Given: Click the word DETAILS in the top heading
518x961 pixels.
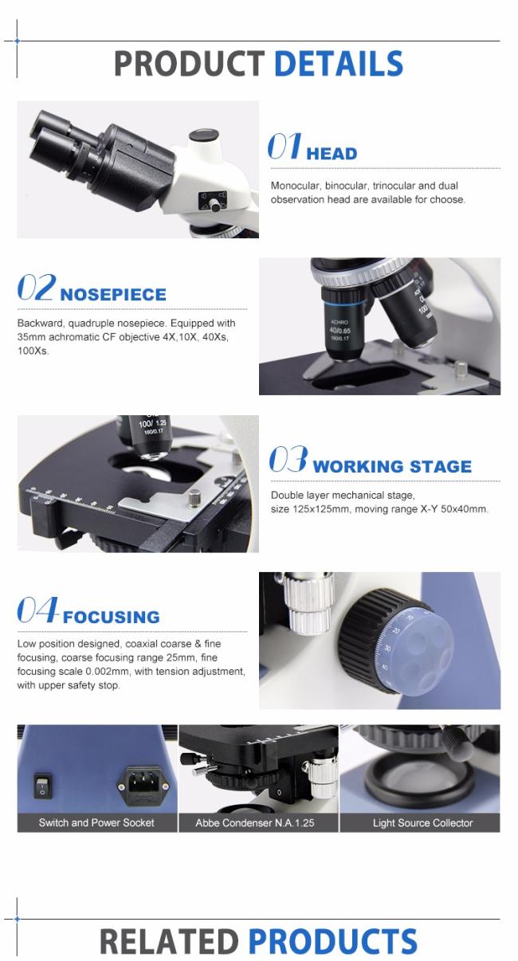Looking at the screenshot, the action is point(338,64).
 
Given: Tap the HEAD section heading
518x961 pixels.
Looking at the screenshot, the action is point(332,154).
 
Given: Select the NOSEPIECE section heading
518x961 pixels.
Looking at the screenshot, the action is point(113,294).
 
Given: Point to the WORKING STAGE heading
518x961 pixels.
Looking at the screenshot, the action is point(392,466).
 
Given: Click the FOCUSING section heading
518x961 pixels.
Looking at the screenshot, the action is point(111,617).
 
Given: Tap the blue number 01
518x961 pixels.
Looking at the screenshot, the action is point(285,146).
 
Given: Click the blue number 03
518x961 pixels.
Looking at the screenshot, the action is point(288,459).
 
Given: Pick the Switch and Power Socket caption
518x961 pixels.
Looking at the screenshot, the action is point(96,822).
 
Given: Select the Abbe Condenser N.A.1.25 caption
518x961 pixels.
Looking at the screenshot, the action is point(255,822).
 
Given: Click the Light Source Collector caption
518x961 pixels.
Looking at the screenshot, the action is point(422,822).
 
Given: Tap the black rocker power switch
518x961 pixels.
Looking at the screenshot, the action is point(42,786).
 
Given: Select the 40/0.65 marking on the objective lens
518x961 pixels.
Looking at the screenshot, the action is point(340,331).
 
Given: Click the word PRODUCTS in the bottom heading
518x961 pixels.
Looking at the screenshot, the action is point(332,941).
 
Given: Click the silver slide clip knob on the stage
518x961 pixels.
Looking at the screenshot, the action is point(194,500).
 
